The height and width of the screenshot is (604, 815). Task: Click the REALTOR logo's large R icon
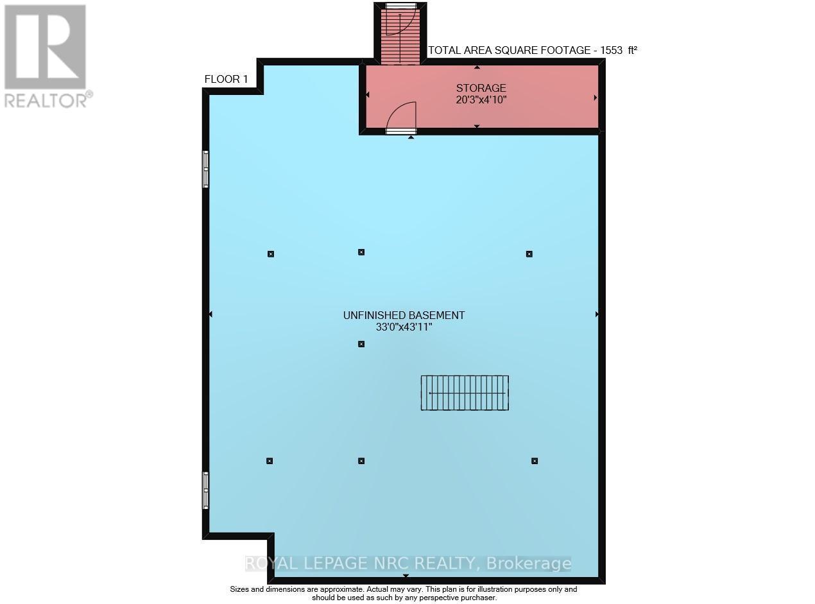click(x=45, y=46)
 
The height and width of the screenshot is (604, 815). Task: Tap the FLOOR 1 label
click(x=226, y=80)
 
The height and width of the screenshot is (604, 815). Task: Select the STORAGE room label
click(x=481, y=88)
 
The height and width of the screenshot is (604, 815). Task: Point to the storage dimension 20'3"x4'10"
click(x=481, y=99)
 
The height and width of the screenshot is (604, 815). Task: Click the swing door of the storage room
click(x=402, y=117)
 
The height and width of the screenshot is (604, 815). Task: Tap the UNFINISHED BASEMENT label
click(x=404, y=315)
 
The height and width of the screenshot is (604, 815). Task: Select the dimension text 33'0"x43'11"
click(x=404, y=327)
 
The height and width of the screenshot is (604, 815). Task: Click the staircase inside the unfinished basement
click(x=465, y=393)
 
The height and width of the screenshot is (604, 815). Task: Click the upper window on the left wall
click(x=206, y=169)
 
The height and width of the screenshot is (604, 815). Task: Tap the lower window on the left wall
click(x=206, y=490)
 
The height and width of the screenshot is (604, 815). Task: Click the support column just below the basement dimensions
click(x=361, y=344)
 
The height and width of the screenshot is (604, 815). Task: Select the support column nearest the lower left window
click(x=270, y=461)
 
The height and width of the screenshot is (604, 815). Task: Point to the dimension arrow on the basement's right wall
click(x=597, y=315)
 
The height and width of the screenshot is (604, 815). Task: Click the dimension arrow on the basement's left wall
click(x=210, y=315)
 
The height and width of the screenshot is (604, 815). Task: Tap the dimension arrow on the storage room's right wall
click(x=596, y=98)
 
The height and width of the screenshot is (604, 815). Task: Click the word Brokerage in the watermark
click(x=529, y=564)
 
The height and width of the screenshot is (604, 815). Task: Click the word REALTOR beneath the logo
click(x=45, y=99)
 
